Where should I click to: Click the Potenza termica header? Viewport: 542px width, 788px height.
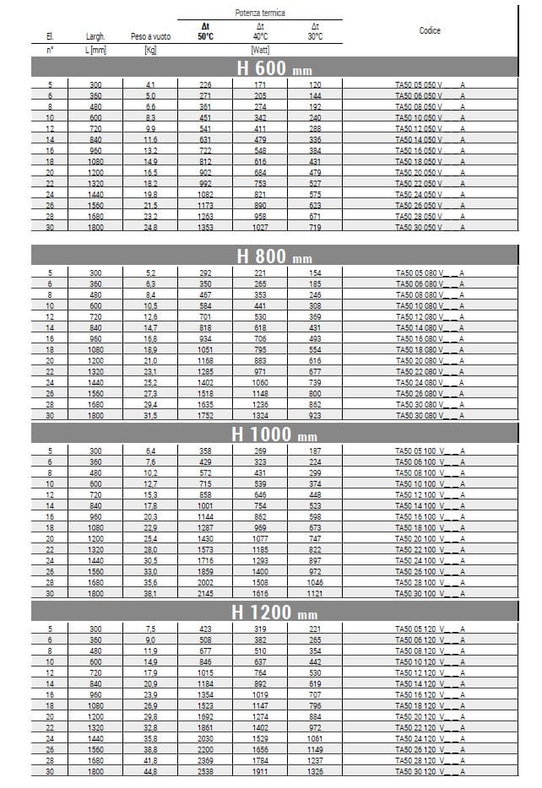coord(259,13)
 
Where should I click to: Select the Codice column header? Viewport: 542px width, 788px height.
coord(430,30)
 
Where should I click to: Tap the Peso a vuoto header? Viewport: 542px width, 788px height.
coord(150,37)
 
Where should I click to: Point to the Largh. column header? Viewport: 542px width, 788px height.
coord(95,37)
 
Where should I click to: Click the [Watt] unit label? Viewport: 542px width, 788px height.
coord(260,50)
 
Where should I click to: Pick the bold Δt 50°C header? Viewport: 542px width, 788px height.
coord(205,31)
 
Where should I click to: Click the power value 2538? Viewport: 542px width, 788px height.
coord(205,771)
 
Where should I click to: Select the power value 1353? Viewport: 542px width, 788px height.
coord(205,228)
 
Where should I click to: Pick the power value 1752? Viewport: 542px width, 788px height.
coord(205,415)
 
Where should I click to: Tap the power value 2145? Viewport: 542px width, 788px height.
coord(205,593)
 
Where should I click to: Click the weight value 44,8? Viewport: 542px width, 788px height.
coord(150,771)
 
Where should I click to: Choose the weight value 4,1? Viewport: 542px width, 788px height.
coord(150,85)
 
